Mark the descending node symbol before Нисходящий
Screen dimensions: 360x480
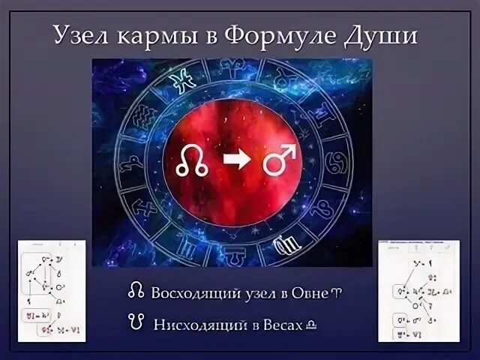pyautogui.click(x=135, y=322)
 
